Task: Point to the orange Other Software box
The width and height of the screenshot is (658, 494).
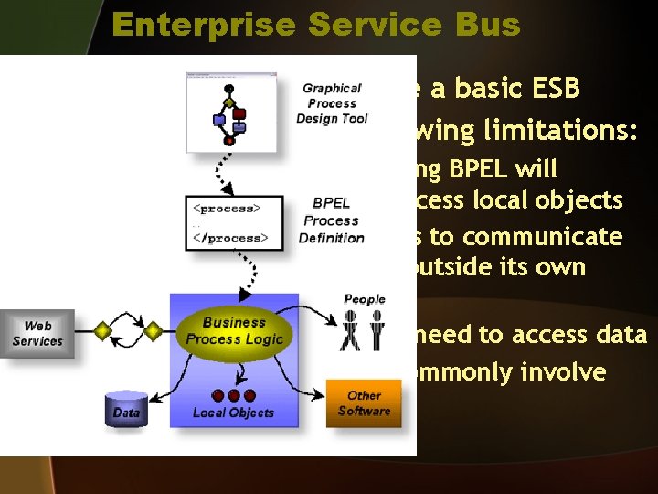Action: point(364,403)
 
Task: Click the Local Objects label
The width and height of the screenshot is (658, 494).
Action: point(233,413)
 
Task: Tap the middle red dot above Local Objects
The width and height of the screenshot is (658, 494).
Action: point(234,395)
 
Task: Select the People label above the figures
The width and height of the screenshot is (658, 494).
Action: point(364,299)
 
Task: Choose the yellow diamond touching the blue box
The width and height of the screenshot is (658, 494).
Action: point(154,329)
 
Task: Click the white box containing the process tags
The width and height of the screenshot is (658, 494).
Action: point(228,222)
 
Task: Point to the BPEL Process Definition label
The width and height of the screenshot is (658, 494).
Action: point(331,220)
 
